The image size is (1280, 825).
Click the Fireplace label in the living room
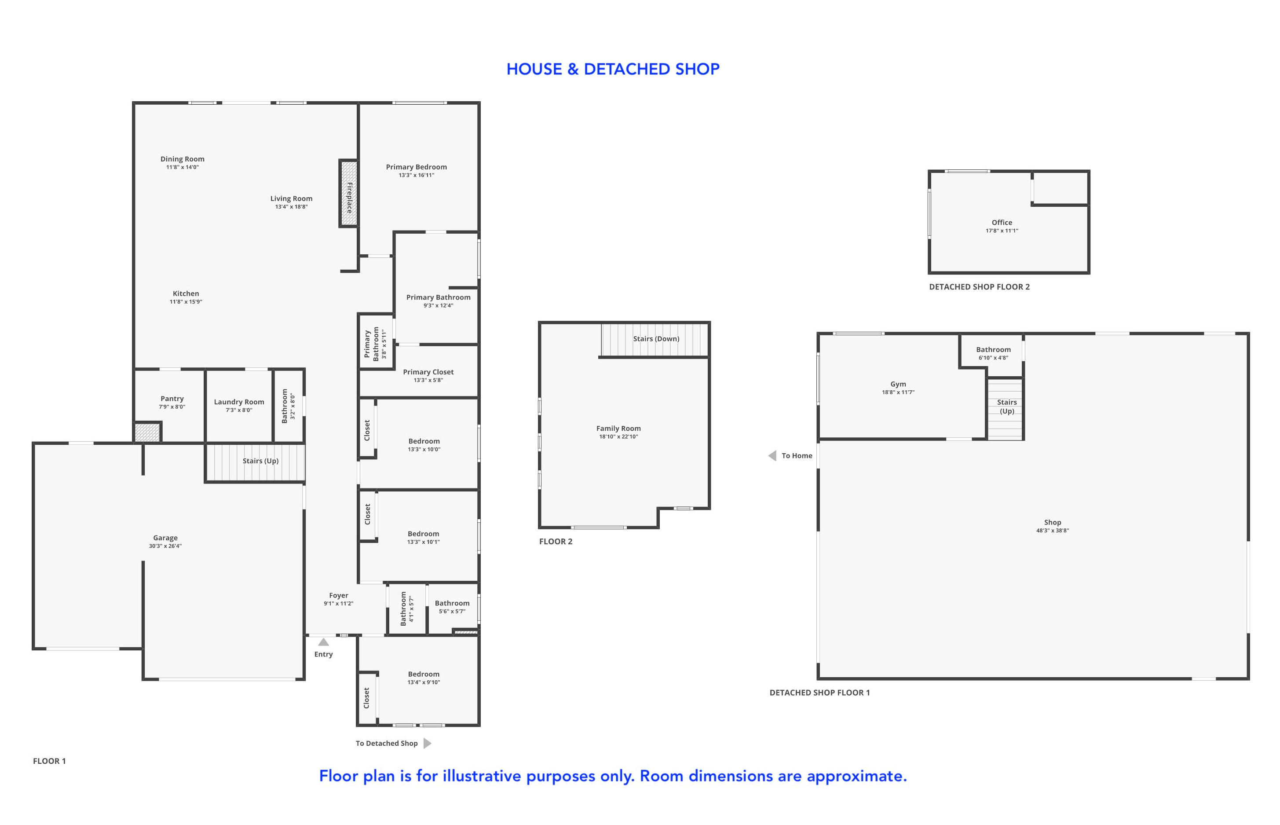click(x=349, y=197)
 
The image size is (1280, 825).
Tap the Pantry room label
click(x=172, y=399)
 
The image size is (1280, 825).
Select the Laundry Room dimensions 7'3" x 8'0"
click(x=239, y=411)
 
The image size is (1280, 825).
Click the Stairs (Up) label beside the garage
click(x=260, y=461)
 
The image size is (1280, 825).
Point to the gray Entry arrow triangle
click(x=323, y=642)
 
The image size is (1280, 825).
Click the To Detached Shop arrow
click(x=428, y=743)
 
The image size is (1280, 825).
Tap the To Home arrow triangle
click(x=772, y=455)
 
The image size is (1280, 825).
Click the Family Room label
click(x=618, y=428)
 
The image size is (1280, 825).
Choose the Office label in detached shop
click(x=1002, y=222)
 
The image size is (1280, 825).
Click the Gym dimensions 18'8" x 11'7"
click(x=898, y=392)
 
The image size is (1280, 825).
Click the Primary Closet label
click(x=428, y=372)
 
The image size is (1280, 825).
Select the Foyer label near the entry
click(x=339, y=595)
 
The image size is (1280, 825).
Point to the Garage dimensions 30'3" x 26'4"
click(x=165, y=546)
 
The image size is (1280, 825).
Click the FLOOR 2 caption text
click(x=556, y=542)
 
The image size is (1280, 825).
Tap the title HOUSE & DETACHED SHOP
click(x=613, y=69)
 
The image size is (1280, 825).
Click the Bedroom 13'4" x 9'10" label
click(x=423, y=674)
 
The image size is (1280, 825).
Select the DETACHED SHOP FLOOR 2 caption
click(x=979, y=286)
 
